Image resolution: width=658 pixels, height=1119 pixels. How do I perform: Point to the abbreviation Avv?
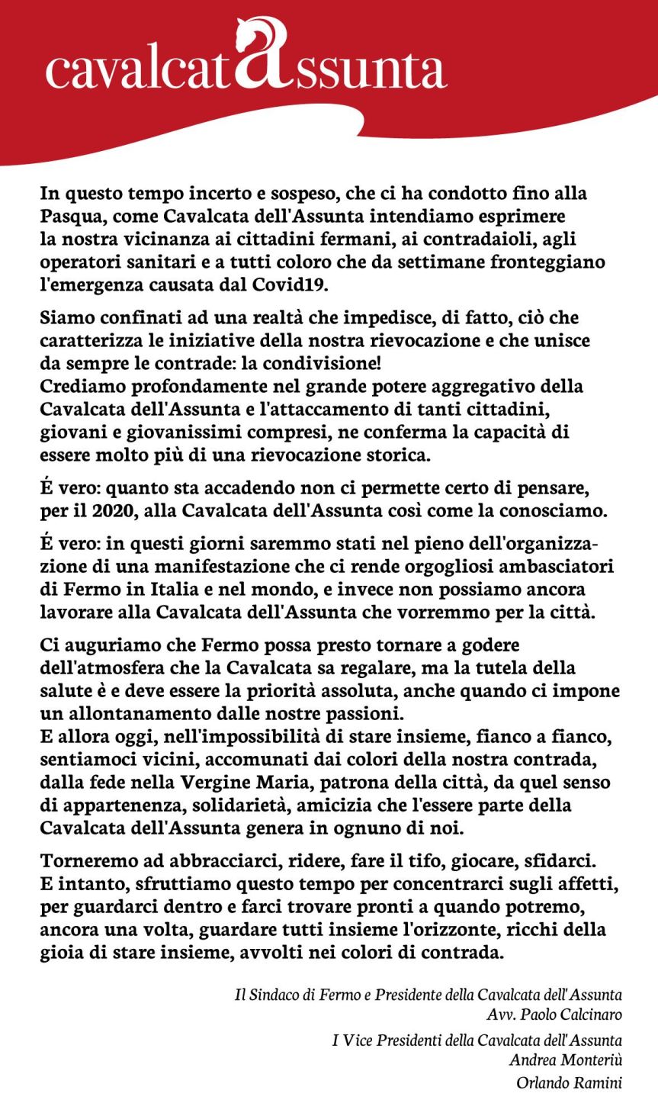501,1014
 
